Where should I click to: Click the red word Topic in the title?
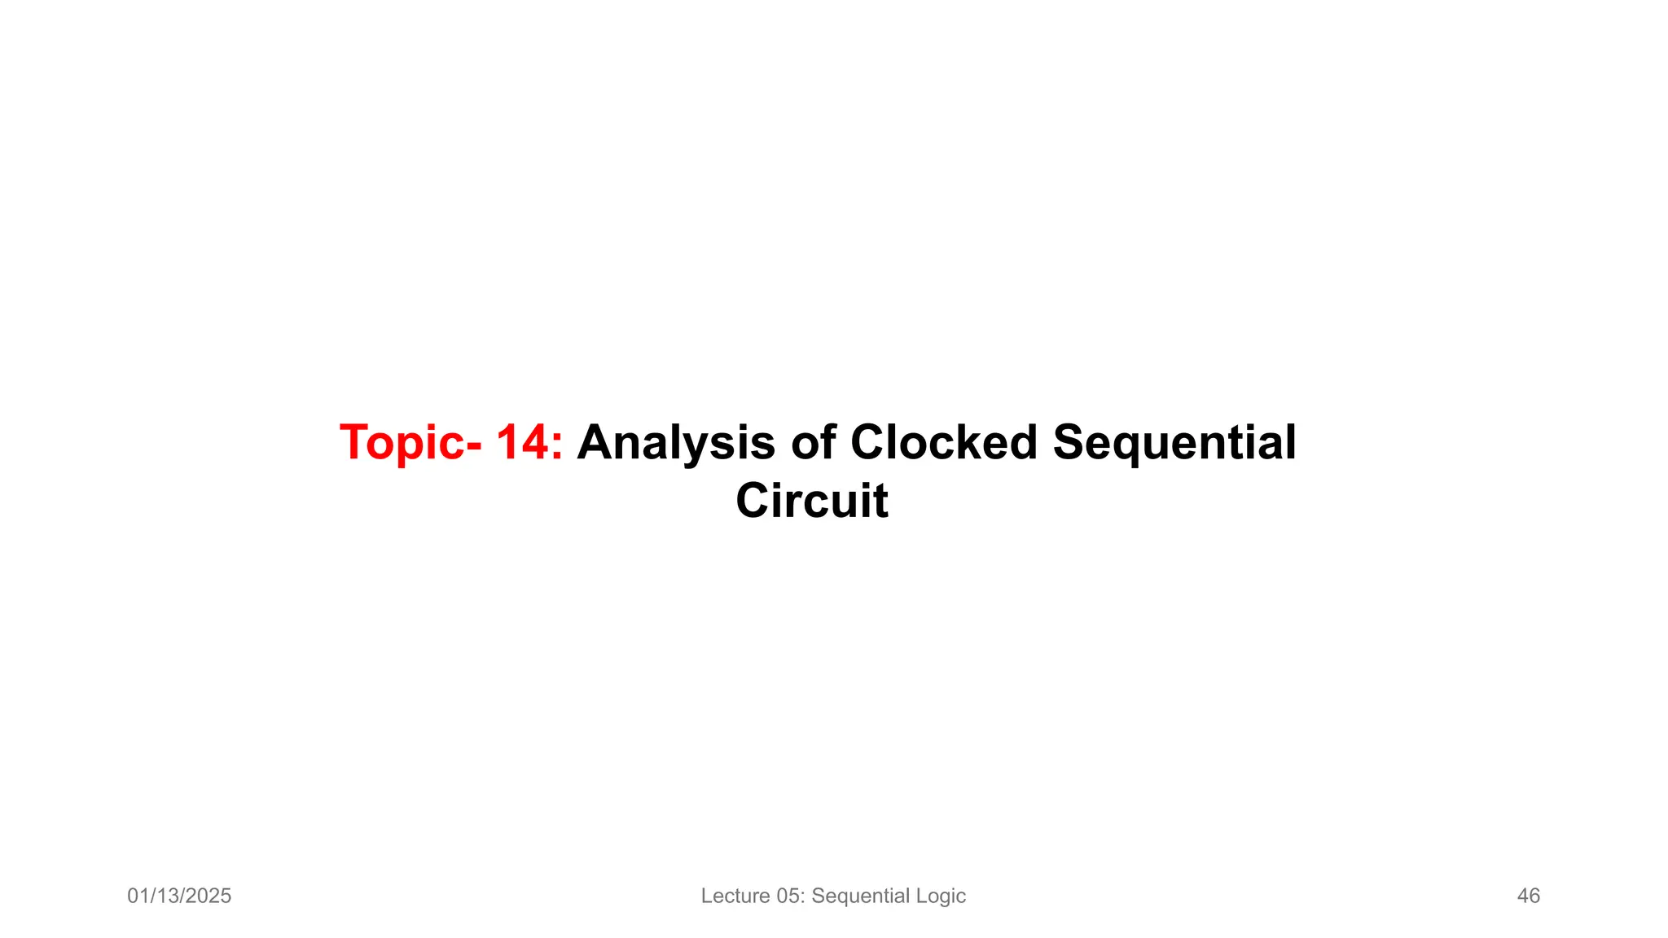402,444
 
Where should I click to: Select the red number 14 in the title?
522,443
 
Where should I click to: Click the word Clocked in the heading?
944,443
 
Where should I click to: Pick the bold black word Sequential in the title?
1174,443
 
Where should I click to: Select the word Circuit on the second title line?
812,500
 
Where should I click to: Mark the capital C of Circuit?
754,500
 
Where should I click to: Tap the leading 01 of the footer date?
138,896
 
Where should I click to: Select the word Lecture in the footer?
735,896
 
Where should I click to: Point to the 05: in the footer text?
790,896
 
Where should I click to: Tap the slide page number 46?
1528,896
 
